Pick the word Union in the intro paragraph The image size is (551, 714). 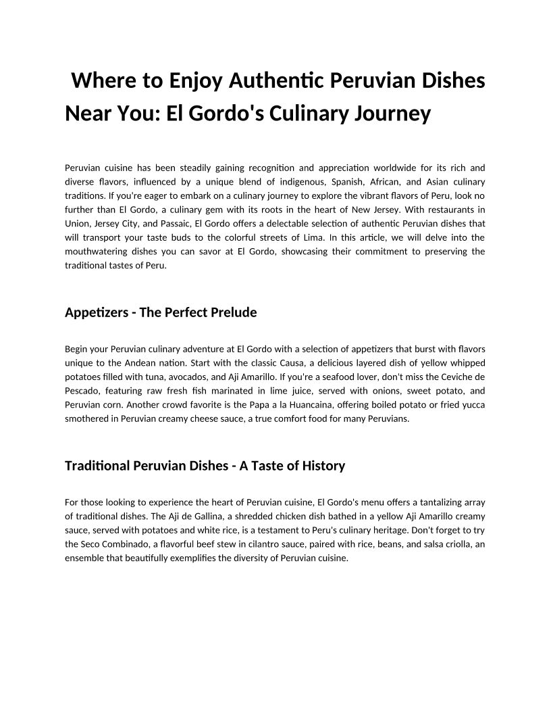78,222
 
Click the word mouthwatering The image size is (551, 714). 99,251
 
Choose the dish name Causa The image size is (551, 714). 305,362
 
